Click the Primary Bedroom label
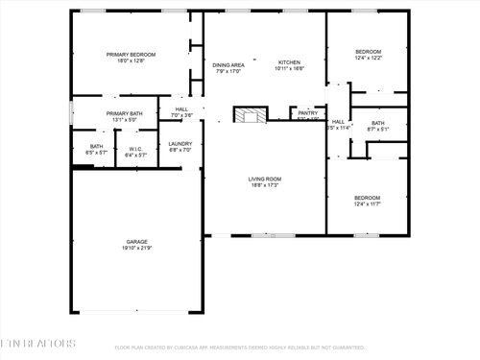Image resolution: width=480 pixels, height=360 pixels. pos(130,55)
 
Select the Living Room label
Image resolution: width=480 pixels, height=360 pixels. pos(264,179)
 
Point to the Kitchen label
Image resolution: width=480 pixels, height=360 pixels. pos(289,61)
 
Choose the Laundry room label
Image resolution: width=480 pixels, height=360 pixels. pos(180,143)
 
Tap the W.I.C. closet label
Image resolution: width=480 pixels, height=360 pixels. pos(135,149)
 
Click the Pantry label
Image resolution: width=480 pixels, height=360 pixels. pos(307,112)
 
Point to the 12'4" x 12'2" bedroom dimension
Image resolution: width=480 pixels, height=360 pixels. pos(368,59)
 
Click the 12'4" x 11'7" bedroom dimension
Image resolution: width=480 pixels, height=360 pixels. pos(368,204)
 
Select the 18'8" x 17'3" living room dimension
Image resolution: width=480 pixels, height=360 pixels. pos(264,185)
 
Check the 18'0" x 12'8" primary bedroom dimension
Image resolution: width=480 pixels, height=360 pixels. pos(130,61)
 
